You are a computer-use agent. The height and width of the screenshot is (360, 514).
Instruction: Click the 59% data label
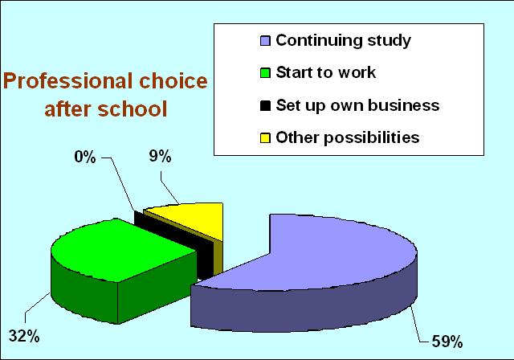tap(447, 342)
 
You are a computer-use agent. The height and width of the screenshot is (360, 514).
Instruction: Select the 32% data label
tap(24, 336)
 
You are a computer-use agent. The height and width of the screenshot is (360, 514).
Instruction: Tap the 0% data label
tap(85, 157)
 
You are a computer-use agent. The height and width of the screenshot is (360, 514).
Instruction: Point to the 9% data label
tap(161, 156)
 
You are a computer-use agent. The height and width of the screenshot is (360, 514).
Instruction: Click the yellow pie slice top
tap(194, 218)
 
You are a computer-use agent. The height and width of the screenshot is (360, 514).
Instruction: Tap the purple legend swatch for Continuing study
tap(265, 41)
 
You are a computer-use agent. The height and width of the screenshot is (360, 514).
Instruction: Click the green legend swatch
tap(265, 73)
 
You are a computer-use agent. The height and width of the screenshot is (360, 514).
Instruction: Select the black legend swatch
tap(265, 105)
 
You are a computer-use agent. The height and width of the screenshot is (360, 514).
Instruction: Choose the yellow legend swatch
tap(265, 137)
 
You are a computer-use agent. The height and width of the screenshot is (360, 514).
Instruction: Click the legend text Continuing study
tap(343, 41)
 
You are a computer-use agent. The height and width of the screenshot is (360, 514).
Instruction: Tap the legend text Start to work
tap(326, 72)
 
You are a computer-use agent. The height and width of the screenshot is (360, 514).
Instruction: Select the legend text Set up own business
tap(357, 105)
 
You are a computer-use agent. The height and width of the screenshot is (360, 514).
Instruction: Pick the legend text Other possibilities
tap(348, 137)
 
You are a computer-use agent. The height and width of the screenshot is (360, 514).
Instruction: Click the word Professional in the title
tap(68, 81)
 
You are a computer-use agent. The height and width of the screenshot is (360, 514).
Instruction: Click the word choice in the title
tap(173, 80)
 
